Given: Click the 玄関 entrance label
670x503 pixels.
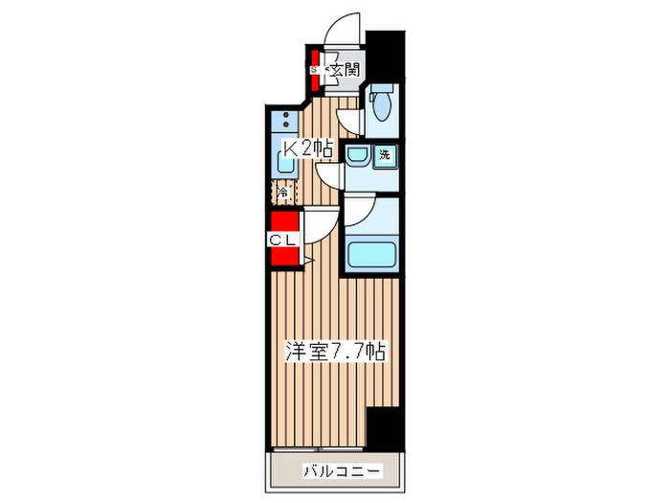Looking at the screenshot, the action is click(x=345, y=69).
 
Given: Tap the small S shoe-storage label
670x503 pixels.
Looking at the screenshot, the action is click(x=313, y=69).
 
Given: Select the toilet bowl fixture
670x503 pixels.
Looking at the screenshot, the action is click(x=379, y=103).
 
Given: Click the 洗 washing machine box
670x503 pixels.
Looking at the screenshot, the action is click(x=385, y=155).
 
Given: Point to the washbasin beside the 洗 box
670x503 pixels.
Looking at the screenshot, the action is click(x=357, y=155).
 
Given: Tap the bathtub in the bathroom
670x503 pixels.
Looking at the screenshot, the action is click(x=371, y=255).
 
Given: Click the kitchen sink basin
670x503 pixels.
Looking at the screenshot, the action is click(x=284, y=163).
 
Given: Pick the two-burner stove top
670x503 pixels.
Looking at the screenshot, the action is click(x=285, y=120).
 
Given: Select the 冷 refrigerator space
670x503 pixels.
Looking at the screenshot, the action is click(x=283, y=193).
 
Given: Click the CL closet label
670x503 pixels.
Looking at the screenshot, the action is click(x=282, y=240).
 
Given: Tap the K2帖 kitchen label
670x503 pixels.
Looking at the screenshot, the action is click(x=308, y=149).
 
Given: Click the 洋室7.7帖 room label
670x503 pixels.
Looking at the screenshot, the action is click(x=336, y=353).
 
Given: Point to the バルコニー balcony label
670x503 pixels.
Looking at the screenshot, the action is click(x=342, y=471).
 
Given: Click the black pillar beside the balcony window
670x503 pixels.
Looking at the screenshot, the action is click(x=386, y=427).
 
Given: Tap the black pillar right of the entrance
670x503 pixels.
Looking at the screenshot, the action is click(x=385, y=56).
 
